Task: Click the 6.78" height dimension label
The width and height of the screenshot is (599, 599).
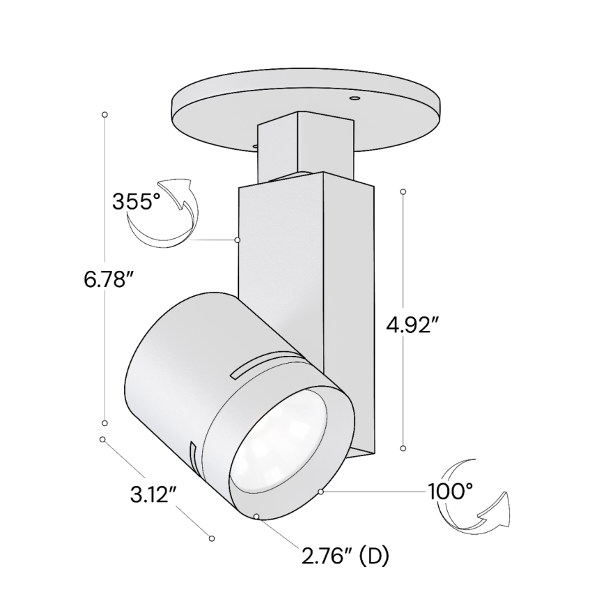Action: (x=109, y=281)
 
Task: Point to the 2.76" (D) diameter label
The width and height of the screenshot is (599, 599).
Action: (x=345, y=557)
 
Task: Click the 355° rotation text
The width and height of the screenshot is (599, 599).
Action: (x=137, y=203)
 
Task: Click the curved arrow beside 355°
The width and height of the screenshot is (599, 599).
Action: (x=162, y=212)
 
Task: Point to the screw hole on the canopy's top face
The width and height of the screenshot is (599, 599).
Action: (x=353, y=100)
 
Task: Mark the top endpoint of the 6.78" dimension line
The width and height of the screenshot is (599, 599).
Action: (x=104, y=114)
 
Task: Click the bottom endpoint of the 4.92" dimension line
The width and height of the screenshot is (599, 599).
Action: (x=403, y=449)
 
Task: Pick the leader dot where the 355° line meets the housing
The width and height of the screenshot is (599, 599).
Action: (x=238, y=240)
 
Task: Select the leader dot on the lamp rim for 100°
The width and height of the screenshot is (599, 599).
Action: (x=320, y=492)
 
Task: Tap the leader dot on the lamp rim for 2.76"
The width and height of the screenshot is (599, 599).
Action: (x=257, y=516)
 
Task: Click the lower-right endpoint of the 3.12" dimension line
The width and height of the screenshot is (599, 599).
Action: (x=212, y=538)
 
